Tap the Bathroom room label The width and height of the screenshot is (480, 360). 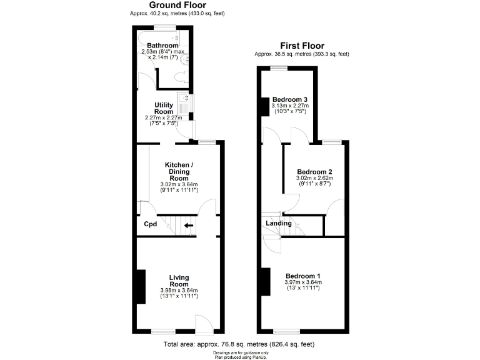tap(162, 46)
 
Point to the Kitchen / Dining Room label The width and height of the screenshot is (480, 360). tap(179, 171)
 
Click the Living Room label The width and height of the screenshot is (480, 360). tap(179, 281)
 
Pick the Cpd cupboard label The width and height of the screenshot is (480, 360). tap(151, 224)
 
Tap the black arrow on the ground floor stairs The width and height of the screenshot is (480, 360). tap(188, 226)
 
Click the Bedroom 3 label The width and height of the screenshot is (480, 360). tap(290, 99)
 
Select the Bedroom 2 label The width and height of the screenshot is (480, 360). tap(314, 172)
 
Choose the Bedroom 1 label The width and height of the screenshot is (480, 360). tap(303, 276)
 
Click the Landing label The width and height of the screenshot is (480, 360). tap(278, 223)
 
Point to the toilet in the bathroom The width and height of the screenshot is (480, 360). tap(181, 78)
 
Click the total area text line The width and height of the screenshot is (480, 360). tap(239, 344)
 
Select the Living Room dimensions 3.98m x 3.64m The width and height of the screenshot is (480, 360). tap(179, 290)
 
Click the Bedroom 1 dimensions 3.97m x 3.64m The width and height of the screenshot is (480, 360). tap(303, 282)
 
